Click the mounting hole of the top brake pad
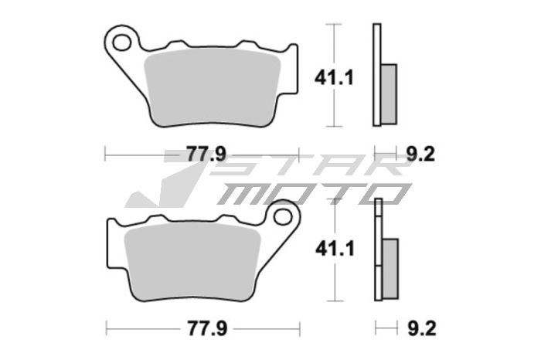121,38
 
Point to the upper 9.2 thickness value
420,154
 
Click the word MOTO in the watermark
309,193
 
